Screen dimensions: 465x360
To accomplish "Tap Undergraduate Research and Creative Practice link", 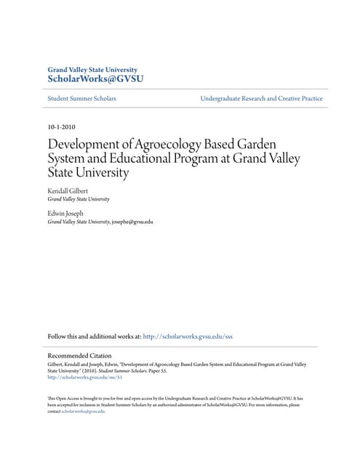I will [261, 98].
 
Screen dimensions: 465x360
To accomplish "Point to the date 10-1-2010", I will [60, 126].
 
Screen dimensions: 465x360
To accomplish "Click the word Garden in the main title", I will [263, 143].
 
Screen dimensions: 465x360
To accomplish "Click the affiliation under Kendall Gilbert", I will [79, 198].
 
